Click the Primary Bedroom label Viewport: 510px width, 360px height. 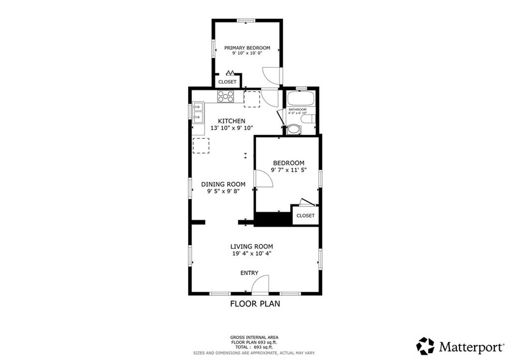[247, 48]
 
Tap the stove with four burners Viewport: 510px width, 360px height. [226, 97]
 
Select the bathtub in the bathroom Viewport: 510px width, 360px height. [301, 98]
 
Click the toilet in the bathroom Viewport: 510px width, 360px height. [308, 119]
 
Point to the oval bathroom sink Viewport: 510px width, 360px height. [294, 129]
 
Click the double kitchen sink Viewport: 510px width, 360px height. [198, 113]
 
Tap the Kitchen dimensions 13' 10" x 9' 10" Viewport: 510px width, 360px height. [232, 128]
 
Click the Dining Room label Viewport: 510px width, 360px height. [223, 184]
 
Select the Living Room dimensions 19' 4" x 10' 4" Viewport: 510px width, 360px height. [252, 253]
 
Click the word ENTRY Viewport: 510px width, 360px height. [250, 273]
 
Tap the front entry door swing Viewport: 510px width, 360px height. [260, 284]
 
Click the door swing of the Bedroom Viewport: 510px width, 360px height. [264, 179]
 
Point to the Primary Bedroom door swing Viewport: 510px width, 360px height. [271, 76]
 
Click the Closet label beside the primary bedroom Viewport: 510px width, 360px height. [227, 82]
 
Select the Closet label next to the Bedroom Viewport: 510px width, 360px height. [305, 216]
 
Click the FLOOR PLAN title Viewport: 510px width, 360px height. [255, 304]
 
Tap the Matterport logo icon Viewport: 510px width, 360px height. [425, 346]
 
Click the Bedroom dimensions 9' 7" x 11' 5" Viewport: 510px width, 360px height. [289, 170]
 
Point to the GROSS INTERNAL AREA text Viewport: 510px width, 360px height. [255, 338]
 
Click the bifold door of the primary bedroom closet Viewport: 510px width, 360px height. [231, 72]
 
